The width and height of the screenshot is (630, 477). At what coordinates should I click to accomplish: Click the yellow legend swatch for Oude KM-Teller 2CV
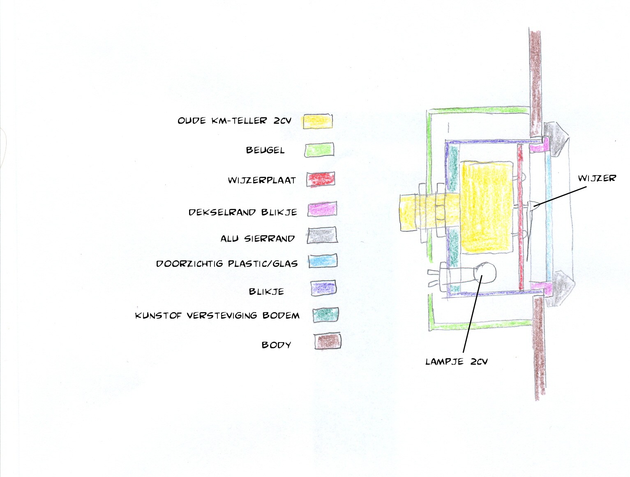317,121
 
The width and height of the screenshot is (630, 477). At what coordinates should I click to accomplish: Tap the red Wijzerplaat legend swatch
320,179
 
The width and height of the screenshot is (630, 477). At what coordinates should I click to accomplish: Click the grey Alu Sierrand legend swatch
322,235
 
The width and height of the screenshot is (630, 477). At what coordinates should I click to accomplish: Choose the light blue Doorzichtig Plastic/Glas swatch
323,260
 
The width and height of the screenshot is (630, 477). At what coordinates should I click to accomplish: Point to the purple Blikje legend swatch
324,288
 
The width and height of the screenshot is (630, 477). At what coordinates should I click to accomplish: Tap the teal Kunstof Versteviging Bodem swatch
325,315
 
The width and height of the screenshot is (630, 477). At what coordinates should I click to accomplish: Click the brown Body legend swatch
328,341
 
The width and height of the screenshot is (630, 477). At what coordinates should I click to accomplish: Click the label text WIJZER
597,178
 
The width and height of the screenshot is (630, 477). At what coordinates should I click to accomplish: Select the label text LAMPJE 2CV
456,361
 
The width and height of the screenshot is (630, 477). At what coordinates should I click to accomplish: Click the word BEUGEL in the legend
265,150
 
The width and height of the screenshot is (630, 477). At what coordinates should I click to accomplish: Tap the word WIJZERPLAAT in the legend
262,180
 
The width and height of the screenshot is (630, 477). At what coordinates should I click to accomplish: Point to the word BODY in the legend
277,345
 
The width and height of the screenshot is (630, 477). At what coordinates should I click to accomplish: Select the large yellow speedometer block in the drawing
487,207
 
